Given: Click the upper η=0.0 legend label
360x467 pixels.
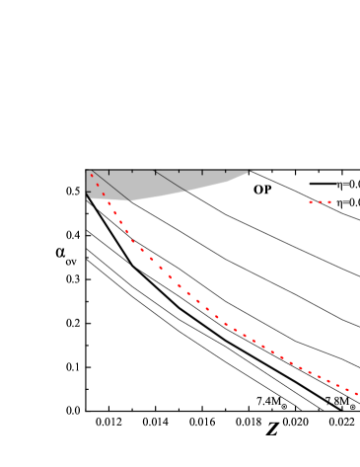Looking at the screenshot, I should point(348,184).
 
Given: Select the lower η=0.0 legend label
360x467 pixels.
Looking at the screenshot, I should point(348,202).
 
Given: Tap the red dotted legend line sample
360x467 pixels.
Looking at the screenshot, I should point(322,202).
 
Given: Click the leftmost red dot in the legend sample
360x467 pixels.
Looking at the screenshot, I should point(311,202).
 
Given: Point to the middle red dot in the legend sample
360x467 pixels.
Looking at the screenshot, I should point(322,202).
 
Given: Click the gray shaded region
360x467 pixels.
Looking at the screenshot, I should point(158,184).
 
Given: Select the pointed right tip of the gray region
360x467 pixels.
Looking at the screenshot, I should point(252,171).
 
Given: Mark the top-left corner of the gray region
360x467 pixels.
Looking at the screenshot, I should point(87,171).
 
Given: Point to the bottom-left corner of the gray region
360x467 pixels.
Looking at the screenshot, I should point(90,198).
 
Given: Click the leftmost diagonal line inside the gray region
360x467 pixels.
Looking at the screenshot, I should point(111,187).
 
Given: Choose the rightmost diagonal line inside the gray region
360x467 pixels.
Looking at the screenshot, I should point(170,181).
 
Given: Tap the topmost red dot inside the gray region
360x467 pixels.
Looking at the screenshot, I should point(92,175).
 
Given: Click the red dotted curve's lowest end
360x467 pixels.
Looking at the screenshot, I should point(358,395).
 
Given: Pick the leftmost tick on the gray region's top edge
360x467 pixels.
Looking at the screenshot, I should point(108,173).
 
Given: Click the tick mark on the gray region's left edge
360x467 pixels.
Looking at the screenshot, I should point(89,193).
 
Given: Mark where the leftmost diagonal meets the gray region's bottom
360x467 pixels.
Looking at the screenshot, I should point(131,200).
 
